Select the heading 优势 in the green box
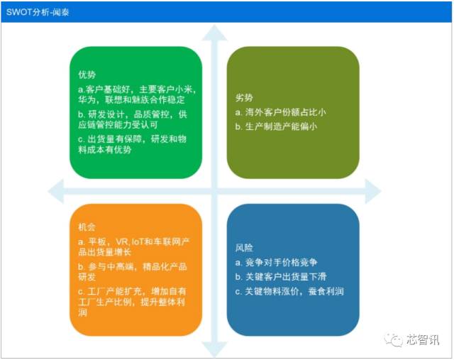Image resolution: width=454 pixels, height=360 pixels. point(87,75)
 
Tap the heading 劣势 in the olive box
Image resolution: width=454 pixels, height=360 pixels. point(243,97)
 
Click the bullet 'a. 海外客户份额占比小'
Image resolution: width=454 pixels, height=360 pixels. point(280,112)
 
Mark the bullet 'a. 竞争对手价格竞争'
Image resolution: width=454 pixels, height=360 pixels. point(277,262)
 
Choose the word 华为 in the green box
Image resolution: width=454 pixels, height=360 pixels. point(87,100)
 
